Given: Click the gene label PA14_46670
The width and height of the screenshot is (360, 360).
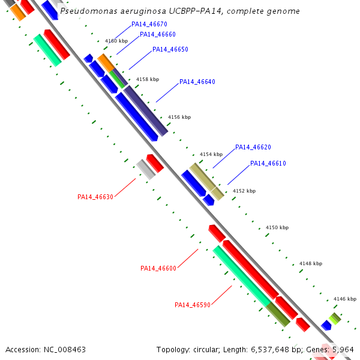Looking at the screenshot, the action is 149,24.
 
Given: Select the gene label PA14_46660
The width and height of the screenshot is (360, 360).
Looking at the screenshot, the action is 158,34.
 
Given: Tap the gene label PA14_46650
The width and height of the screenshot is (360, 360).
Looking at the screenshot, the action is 170,49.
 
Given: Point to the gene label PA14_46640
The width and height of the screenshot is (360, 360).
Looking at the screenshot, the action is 197,82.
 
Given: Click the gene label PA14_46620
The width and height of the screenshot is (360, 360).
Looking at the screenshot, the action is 253,147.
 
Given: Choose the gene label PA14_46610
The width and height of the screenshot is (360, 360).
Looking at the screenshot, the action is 268,163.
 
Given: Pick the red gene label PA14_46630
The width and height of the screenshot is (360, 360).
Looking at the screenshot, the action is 95,197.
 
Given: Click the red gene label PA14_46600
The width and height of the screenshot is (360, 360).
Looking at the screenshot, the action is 158,268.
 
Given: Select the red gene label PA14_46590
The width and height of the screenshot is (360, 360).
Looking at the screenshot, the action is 193,305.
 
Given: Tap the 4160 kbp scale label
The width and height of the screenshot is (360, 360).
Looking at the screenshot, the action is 116,41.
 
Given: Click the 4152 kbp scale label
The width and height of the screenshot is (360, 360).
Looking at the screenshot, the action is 244,191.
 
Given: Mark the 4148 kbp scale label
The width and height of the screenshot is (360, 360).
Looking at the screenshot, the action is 311,263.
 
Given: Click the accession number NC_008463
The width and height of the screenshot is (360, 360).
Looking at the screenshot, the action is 64,349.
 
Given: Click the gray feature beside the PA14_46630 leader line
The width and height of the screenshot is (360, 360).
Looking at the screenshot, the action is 145,169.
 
